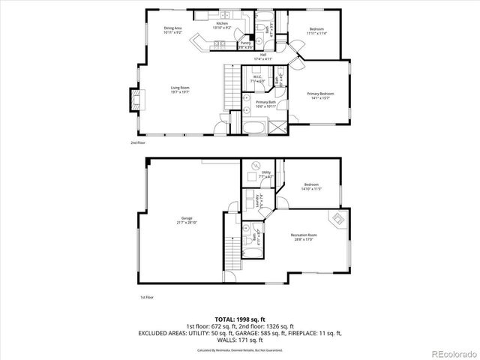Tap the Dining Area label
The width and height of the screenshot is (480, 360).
coord(173,30)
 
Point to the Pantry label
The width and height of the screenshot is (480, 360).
coord(224,44)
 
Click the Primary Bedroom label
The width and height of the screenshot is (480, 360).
coord(320,94)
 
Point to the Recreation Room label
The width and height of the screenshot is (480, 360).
coord(304,237)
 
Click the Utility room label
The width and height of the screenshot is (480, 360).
coord(266,174)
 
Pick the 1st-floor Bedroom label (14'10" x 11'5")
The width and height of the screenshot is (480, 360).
coord(311,187)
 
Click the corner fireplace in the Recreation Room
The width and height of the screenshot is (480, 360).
coord(338,220)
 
